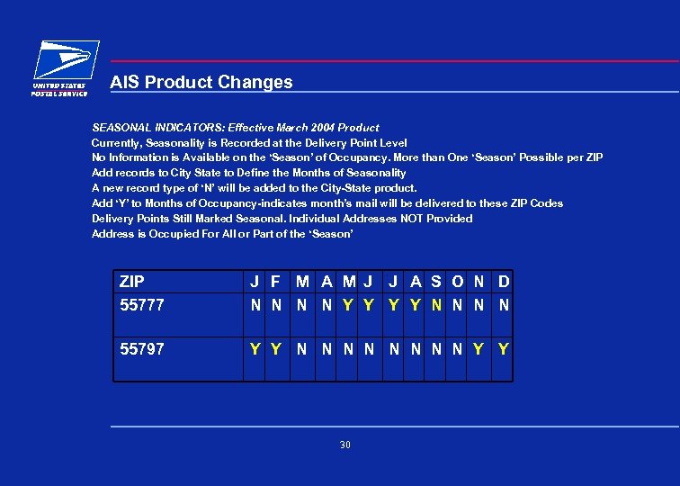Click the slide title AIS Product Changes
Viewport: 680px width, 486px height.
coord(201,82)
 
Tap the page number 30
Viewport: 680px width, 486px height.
coord(345,445)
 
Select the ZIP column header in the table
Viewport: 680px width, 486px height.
coord(132,282)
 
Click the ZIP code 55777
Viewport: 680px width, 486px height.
coord(142,305)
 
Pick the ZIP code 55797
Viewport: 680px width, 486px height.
coord(142,348)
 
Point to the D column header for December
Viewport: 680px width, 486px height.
coord(504,282)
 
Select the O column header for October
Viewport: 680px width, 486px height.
coord(458,282)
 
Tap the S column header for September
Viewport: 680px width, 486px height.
coord(436,282)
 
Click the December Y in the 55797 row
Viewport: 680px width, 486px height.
coord(504,348)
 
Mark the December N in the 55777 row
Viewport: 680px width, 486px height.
coord(504,305)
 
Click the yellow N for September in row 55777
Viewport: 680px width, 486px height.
coord(436,305)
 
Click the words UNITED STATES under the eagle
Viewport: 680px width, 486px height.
coord(59,85)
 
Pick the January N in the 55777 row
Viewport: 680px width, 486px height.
coord(255,305)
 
